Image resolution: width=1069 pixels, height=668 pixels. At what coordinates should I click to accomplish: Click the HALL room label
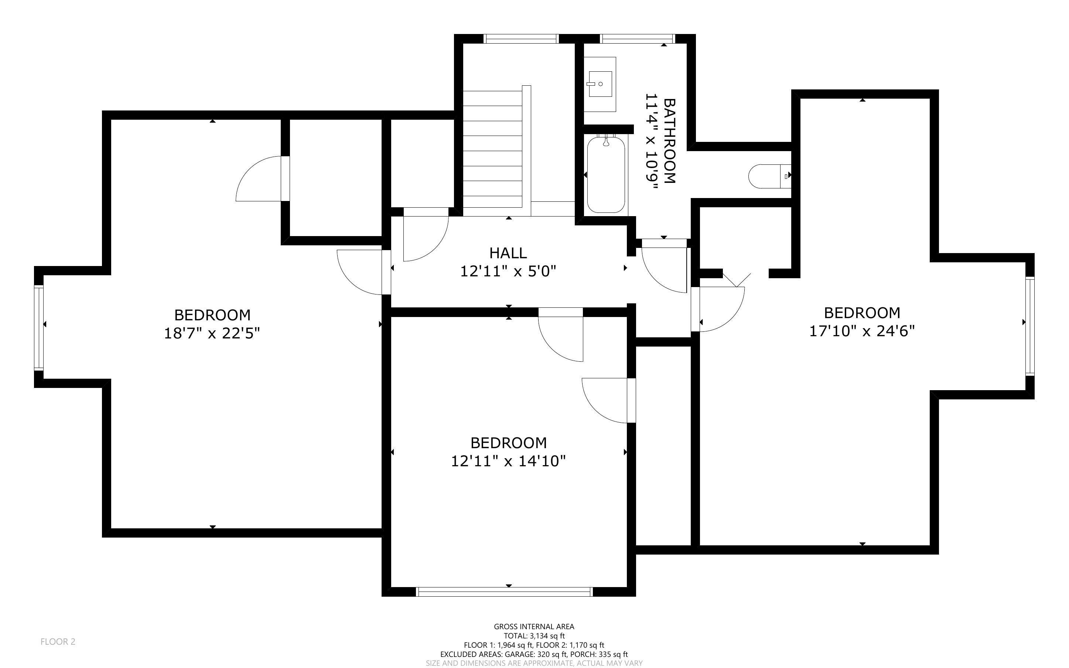(x=508, y=253)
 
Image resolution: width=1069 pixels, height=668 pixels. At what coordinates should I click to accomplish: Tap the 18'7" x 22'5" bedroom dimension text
(x=212, y=333)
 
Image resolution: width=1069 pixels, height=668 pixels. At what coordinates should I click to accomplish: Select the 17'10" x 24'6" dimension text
(x=861, y=331)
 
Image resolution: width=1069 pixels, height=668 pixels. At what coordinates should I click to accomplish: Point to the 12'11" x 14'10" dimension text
(x=508, y=461)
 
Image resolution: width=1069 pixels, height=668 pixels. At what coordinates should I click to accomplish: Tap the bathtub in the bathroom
(x=606, y=174)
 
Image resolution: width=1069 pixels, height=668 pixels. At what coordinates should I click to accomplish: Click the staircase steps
(x=492, y=150)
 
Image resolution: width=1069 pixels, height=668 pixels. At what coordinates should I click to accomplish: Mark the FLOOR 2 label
(x=58, y=641)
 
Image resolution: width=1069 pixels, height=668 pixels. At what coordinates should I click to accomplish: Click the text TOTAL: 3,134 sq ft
(x=534, y=636)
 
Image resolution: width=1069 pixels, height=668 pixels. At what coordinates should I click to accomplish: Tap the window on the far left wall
(x=39, y=327)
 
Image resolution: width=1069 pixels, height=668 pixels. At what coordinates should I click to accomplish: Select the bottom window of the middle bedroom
(x=505, y=592)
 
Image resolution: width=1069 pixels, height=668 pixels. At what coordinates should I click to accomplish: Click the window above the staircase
(x=521, y=39)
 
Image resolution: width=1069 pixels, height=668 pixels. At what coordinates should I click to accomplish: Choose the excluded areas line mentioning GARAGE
(x=534, y=654)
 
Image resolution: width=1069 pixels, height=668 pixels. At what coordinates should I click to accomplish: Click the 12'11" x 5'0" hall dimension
(x=508, y=271)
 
